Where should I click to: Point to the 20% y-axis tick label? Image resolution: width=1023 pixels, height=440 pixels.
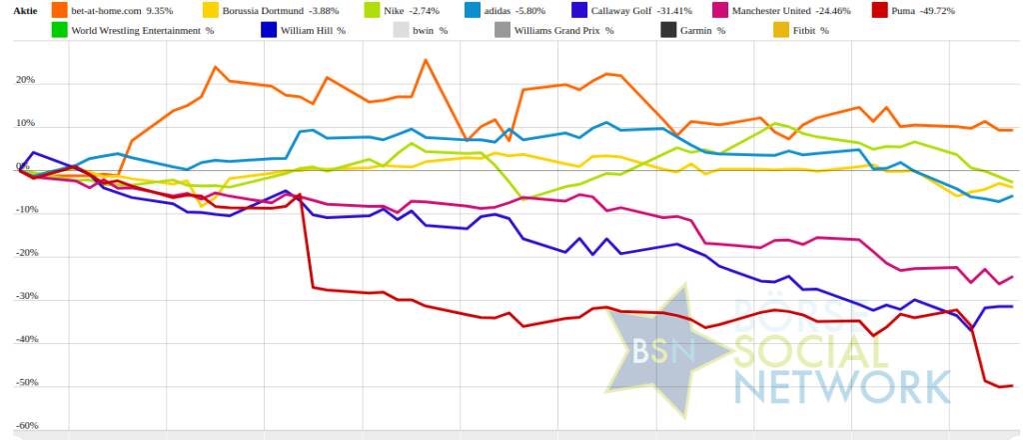click(25, 81)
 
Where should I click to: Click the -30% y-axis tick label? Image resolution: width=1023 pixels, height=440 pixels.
click(25, 297)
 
